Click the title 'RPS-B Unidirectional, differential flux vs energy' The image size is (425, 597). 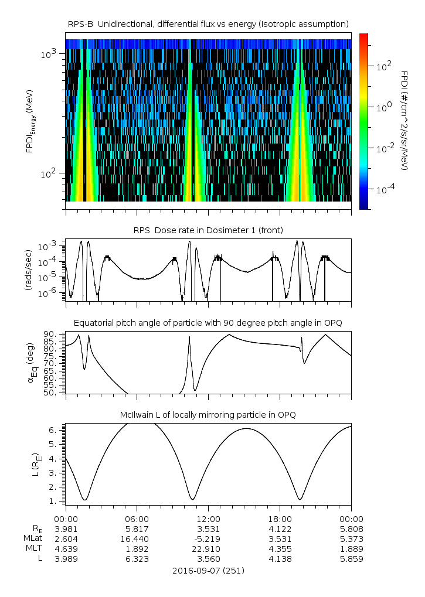pyautogui.click(x=208, y=23)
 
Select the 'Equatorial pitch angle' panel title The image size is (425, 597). pyautogui.click(x=208, y=323)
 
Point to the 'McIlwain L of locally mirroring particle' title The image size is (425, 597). pyautogui.click(x=208, y=415)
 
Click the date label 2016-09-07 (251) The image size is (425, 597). pyautogui.click(x=208, y=570)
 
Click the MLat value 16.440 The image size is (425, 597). pyautogui.click(x=137, y=538)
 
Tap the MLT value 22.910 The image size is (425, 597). pyautogui.click(x=208, y=548)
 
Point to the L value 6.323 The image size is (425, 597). pyautogui.click(x=137, y=559)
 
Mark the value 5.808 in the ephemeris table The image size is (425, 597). pyautogui.click(x=351, y=528)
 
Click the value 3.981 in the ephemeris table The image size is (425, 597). pyautogui.click(x=66, y=528)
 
